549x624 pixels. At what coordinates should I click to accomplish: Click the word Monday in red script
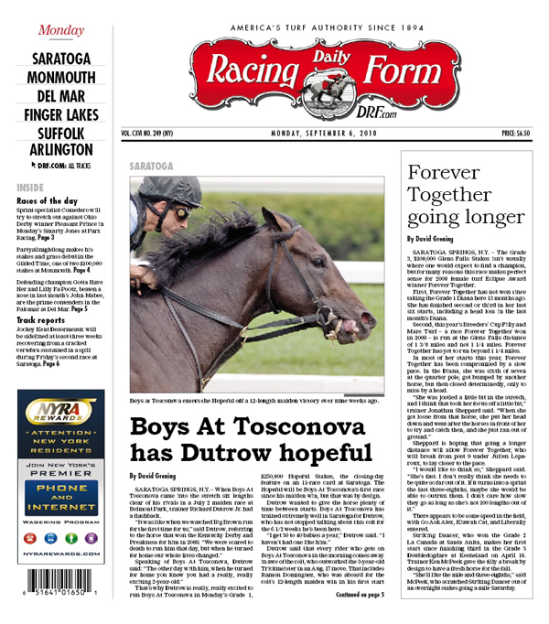pos(61,30)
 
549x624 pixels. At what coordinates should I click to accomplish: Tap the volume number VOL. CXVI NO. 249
pos(159,134)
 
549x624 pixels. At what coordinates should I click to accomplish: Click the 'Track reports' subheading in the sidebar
pos(43,321)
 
